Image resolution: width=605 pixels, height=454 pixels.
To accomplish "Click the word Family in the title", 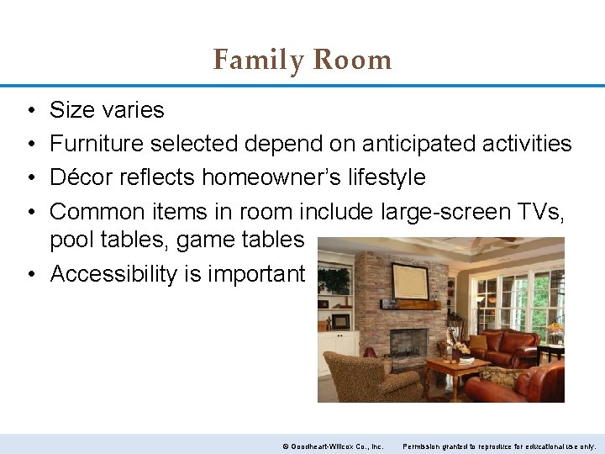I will pyautogui.click(x=260, y=61).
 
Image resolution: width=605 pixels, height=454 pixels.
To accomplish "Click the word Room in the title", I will pyautogui.click(x=352, y=61).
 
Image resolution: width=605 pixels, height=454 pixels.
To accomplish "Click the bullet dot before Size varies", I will pyautogui.click(x=29, y=110).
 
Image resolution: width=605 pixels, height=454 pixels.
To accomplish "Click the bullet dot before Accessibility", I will pyautogui.click(x=29, y=273).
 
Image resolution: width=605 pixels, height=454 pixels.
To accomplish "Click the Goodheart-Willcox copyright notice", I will pyautogui.click(x=333, y=446).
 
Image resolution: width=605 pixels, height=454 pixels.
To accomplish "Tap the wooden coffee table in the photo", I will pyautogui.click(x=457, y=368).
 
